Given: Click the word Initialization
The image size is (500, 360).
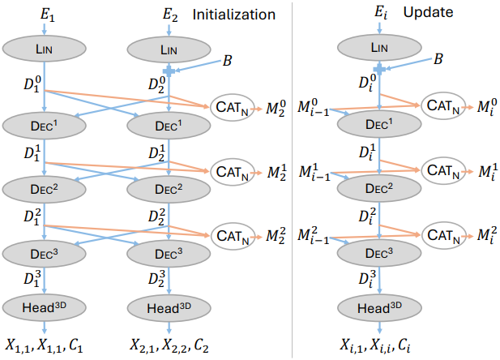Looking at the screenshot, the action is (233, 15).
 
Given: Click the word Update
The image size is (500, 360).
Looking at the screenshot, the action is (428, 12).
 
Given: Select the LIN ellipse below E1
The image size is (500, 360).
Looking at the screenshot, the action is (45, 49).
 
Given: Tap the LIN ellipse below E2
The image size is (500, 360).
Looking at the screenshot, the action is (169, 49).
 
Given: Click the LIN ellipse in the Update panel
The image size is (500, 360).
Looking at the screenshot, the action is (379, 48).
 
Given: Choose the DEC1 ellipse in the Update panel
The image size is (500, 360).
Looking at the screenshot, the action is (379, 124).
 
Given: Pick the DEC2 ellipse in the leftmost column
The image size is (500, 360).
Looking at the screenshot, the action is (45, 189).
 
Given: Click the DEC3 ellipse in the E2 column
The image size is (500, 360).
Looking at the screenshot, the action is (169, 254).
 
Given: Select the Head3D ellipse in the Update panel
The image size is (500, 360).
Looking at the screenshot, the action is (379, 308).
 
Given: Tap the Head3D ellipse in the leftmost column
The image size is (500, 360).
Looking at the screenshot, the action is (45, 307).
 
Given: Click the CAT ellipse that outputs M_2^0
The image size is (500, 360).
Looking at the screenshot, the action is (233, 108).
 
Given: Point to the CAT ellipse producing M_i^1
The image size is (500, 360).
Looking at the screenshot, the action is (443, 170).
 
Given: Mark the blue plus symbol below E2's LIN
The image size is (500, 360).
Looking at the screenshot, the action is (169, 71).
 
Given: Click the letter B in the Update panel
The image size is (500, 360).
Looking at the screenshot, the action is (438, 58).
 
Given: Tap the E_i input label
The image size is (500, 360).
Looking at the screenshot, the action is (381, 13).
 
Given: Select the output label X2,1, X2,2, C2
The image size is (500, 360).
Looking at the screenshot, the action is (169, 345).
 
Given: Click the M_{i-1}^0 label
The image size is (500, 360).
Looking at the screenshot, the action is (313, 108).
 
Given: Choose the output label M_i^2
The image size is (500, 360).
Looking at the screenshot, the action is (487, 235).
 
